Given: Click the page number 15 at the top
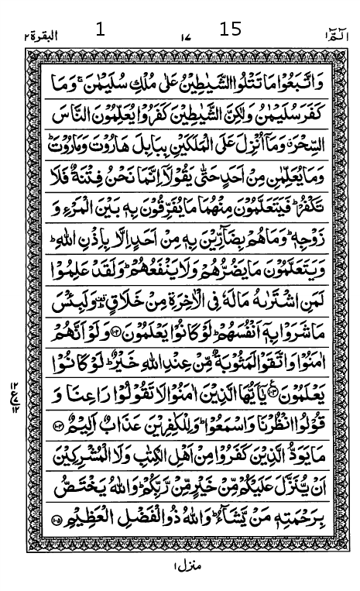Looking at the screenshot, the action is click(x=231, y=29).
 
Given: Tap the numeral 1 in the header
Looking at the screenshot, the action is click(x=99, y=30).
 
